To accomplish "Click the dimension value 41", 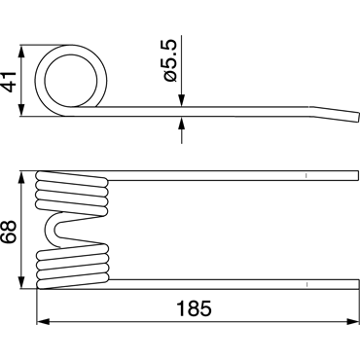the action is point(10,81).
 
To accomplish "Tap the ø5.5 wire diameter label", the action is point(170,60).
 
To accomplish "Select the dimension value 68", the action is point(8,232).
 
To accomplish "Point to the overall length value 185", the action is point(194,308).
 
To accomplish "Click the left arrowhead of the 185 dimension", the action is point(44,321).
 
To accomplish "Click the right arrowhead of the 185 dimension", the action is point(352,321).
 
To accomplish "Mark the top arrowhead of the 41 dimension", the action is point(21,52).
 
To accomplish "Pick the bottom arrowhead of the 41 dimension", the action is point(21,110).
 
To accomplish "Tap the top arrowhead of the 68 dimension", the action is point(21,177).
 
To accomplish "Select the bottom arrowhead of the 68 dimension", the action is point(21,282).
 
